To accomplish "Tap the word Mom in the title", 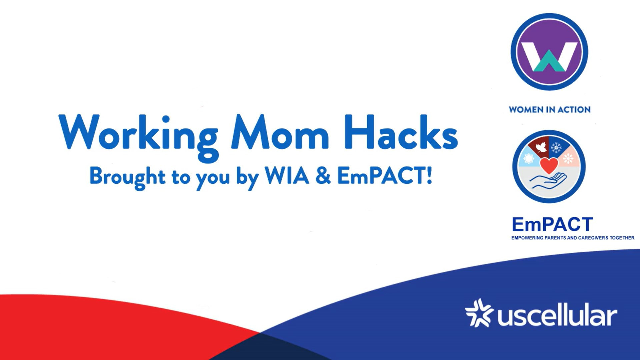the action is click(x=280, y=132).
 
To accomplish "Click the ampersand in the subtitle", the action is click(x=323, y=175).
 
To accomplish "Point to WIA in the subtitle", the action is click(x=287, y=175).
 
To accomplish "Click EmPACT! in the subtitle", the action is click(x=385, y=175).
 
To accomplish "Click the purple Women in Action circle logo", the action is click(x=549, y=52).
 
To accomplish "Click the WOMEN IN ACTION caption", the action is click(x=550, y=110).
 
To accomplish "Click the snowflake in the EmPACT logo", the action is click(x=556, y=147).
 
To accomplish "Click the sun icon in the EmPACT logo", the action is click(x=529, y=158).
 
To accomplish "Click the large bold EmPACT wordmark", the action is click(x=552, y=224).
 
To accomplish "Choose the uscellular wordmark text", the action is click(x=557, y=314).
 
